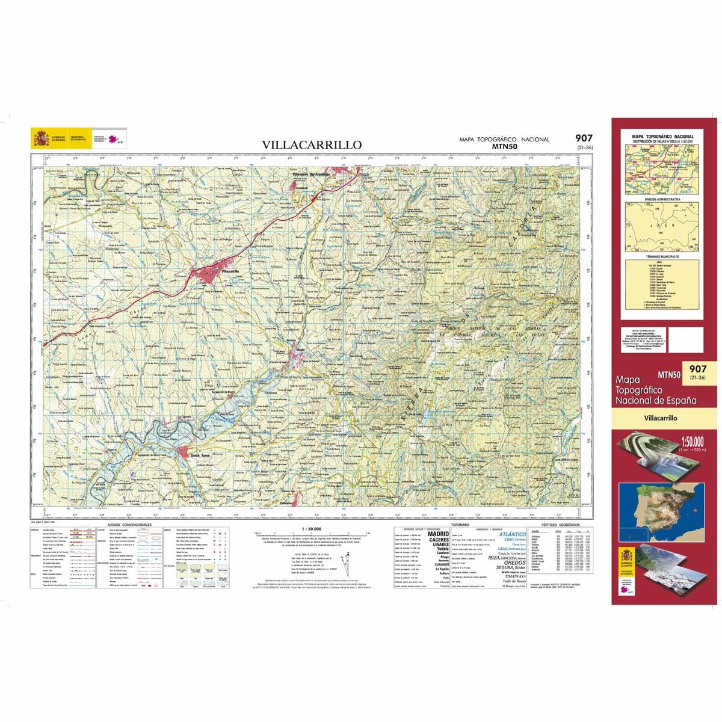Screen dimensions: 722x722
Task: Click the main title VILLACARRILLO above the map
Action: coord(311,144)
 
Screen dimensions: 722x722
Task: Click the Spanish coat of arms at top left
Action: coord(41,139)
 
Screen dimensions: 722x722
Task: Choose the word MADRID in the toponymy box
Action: coord(437,534)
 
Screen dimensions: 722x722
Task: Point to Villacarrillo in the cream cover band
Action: coord(660,417)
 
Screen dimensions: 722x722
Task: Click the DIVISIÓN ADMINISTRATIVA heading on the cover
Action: coord(662,198)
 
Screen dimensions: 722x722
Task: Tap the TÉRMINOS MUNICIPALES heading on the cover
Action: coord(662,256)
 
